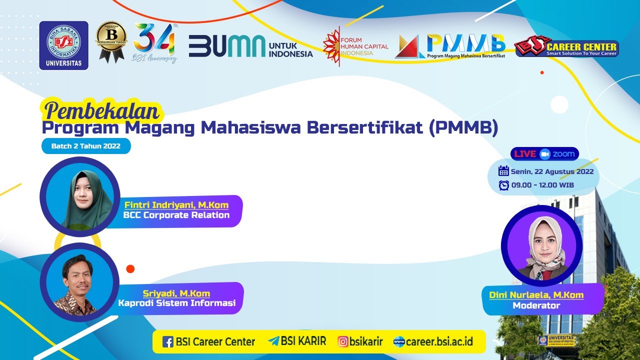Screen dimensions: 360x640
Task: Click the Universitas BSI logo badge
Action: click(63, 45)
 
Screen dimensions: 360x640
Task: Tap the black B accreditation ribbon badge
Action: click(111, 41)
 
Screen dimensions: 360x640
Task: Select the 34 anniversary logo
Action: click(155, 43)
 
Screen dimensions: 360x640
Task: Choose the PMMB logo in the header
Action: click(450, 46)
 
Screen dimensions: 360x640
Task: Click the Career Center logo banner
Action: click(566, 47)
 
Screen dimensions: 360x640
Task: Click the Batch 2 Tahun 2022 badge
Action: click(86, 146)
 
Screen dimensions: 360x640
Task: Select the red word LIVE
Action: click(525, 154)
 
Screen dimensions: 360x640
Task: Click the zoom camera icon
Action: click(544, 154)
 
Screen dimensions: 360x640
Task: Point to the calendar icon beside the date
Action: click(503, 171)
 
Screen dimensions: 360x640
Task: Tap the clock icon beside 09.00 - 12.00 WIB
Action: click(503, 185)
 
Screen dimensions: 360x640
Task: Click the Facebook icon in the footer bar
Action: click(168, 342)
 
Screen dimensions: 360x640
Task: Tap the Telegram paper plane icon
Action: click(273, 341)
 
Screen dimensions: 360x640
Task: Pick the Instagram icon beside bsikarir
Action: click(343, 342)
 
